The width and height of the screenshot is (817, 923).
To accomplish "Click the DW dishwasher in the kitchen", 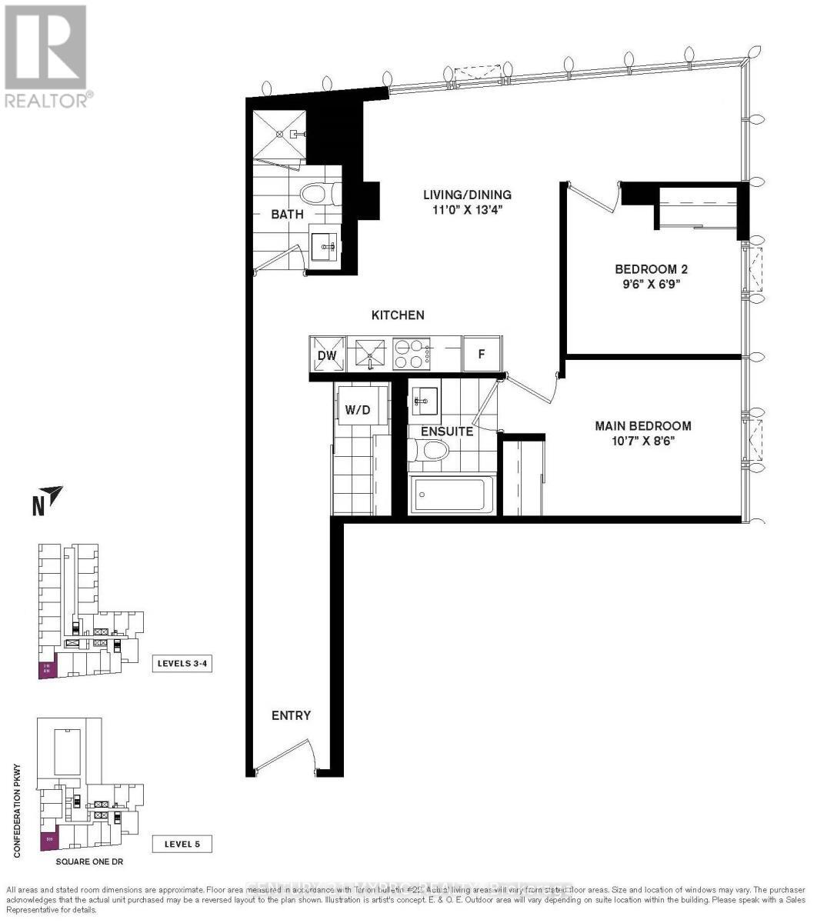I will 327,355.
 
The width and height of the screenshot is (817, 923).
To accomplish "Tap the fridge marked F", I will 482,355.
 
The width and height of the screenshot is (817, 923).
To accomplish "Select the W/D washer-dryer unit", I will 357,410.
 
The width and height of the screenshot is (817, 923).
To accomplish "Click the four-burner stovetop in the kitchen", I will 412,355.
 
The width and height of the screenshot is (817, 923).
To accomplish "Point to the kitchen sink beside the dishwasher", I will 370,355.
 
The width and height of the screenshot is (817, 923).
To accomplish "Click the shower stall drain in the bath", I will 293,134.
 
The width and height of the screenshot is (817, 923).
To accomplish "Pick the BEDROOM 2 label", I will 650,269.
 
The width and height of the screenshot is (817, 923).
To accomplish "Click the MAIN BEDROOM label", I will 642,425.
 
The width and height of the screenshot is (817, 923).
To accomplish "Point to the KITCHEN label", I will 398,315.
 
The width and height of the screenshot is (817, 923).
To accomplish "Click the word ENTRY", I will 291,715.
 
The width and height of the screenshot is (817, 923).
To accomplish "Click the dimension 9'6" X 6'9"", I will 650,285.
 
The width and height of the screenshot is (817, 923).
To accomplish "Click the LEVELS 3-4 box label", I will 182,664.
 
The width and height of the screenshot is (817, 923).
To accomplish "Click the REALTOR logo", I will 46,55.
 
